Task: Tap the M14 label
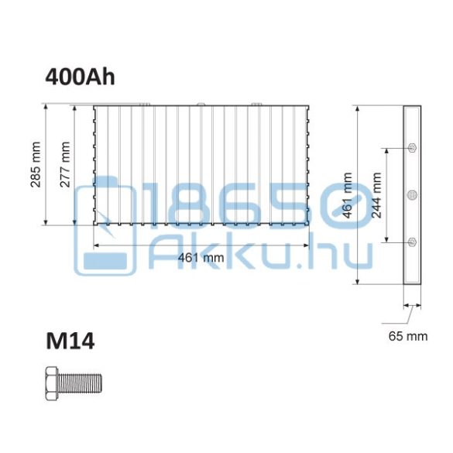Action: (x=70, y=341)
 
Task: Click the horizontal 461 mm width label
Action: (x=202, y=258)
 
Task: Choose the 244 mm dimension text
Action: (x=376, y=194)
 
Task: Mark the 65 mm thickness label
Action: (x=408, y=336)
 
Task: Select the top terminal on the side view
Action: (x=411, y=147)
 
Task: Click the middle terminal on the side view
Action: (x=411, y=194)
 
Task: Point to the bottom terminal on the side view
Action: (x=411, y=242)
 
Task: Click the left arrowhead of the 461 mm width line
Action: (x=97, y=245)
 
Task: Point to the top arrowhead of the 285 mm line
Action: (x=48, y=108)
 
